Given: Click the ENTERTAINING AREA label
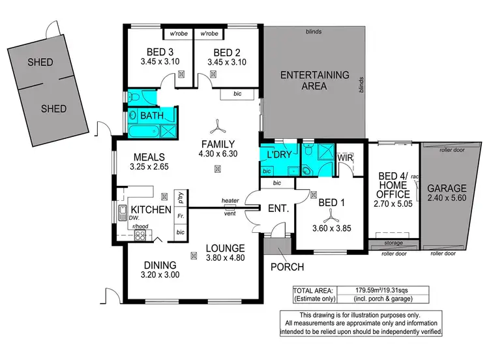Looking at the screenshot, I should pos(314,80).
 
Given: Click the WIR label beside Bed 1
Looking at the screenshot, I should pos(345,157).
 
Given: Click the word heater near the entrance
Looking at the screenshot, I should pos(230,200).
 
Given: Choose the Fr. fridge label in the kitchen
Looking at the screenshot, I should pos(180,215).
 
